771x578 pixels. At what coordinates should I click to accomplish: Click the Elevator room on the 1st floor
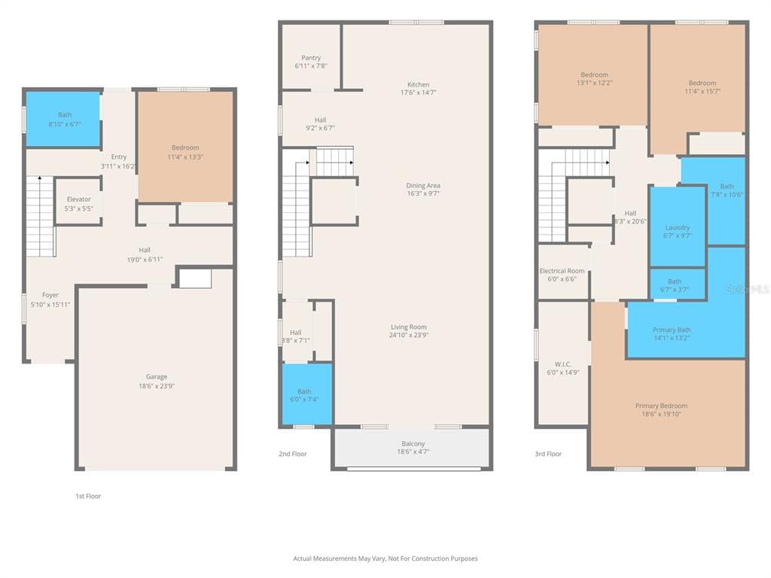[78, 202]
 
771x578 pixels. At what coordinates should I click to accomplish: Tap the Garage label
[157, 376]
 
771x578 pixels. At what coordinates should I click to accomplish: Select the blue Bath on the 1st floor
[63, 119]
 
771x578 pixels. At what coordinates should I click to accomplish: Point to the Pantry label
[311, 57]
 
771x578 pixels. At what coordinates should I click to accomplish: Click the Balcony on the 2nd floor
[413, 449]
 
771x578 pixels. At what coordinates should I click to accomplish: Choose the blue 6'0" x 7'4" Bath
[307, 394]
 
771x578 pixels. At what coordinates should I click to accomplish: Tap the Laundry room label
[678, 227]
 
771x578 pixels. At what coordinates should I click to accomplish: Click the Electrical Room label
[562, 271]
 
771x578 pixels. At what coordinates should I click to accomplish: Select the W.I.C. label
[563, 364]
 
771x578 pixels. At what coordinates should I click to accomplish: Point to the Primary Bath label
[672, 330]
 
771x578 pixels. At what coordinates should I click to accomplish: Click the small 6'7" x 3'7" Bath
[678, 284]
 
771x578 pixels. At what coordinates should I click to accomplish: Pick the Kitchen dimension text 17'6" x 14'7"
[419, 93]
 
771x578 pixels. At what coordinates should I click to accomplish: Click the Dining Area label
[423, 185]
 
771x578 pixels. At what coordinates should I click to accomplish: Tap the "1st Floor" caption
[88, 496]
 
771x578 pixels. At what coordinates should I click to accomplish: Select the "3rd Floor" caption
[548, 454]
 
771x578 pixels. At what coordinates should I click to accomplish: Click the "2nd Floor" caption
[293, 454]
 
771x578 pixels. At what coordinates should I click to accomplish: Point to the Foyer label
[50, 295]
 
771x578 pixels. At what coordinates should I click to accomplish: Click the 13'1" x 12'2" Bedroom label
[595, 75]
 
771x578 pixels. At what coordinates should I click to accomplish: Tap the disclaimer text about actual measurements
[385, 558]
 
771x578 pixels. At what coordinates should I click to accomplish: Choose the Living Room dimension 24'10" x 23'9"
[409, 335]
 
